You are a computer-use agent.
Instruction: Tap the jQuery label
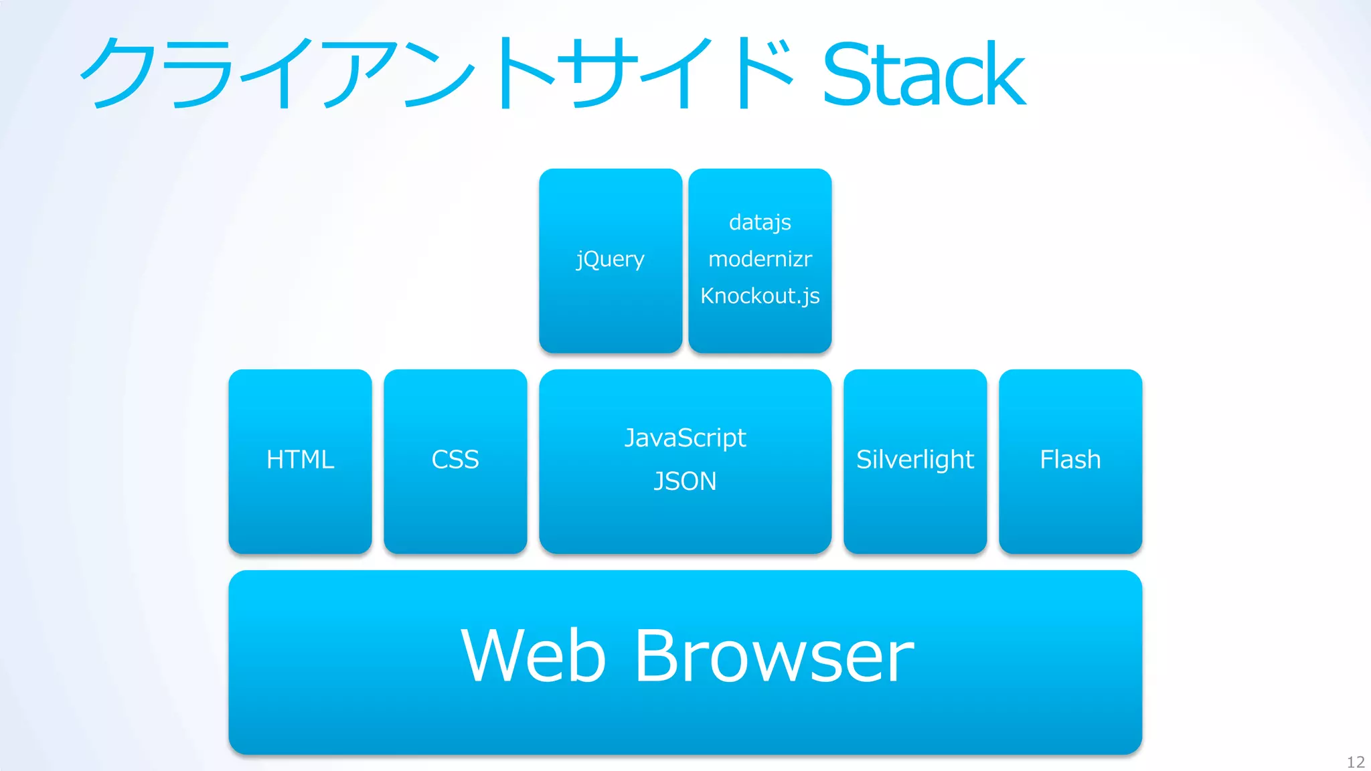point(610,259)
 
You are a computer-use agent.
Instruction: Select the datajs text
point(760,222)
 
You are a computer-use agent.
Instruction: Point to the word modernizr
point(760,259)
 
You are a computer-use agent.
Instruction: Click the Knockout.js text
point(760,296)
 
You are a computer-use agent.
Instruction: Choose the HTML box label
point(300,460)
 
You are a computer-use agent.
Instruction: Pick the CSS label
point(455,460)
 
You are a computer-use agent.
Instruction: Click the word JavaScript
point(685,438)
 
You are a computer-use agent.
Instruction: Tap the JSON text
point(685,481)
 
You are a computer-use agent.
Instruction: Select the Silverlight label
point(915,460)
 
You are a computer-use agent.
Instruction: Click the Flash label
point(1070,460)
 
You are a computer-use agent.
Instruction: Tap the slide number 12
point(1356,762)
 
